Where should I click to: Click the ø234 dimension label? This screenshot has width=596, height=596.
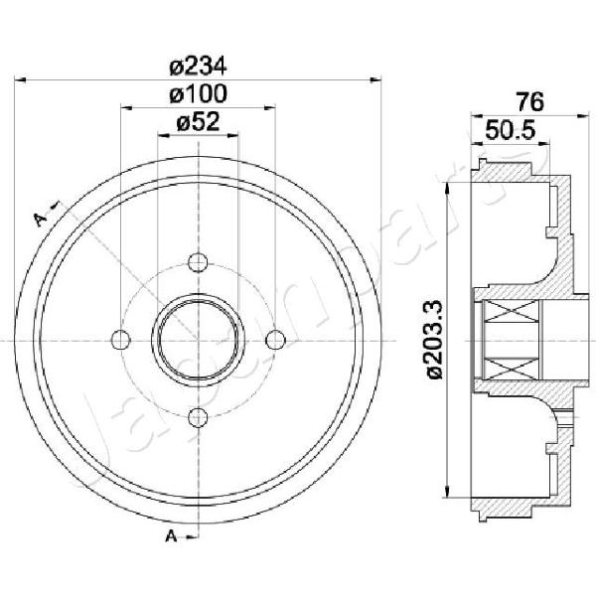click(198, 67)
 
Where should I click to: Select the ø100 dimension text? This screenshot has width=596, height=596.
click(198, 94)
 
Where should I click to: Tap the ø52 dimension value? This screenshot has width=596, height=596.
click(198, 122)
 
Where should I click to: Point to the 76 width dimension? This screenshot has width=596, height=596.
click(529, 102)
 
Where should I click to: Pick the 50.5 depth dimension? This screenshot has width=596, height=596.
click(511, 130)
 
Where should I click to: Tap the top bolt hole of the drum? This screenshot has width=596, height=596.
click(198, 262)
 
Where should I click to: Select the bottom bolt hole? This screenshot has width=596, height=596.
click(198, 417)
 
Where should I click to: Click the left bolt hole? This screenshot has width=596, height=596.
click(120, 340)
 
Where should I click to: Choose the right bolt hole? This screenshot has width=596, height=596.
click(275, 340)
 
